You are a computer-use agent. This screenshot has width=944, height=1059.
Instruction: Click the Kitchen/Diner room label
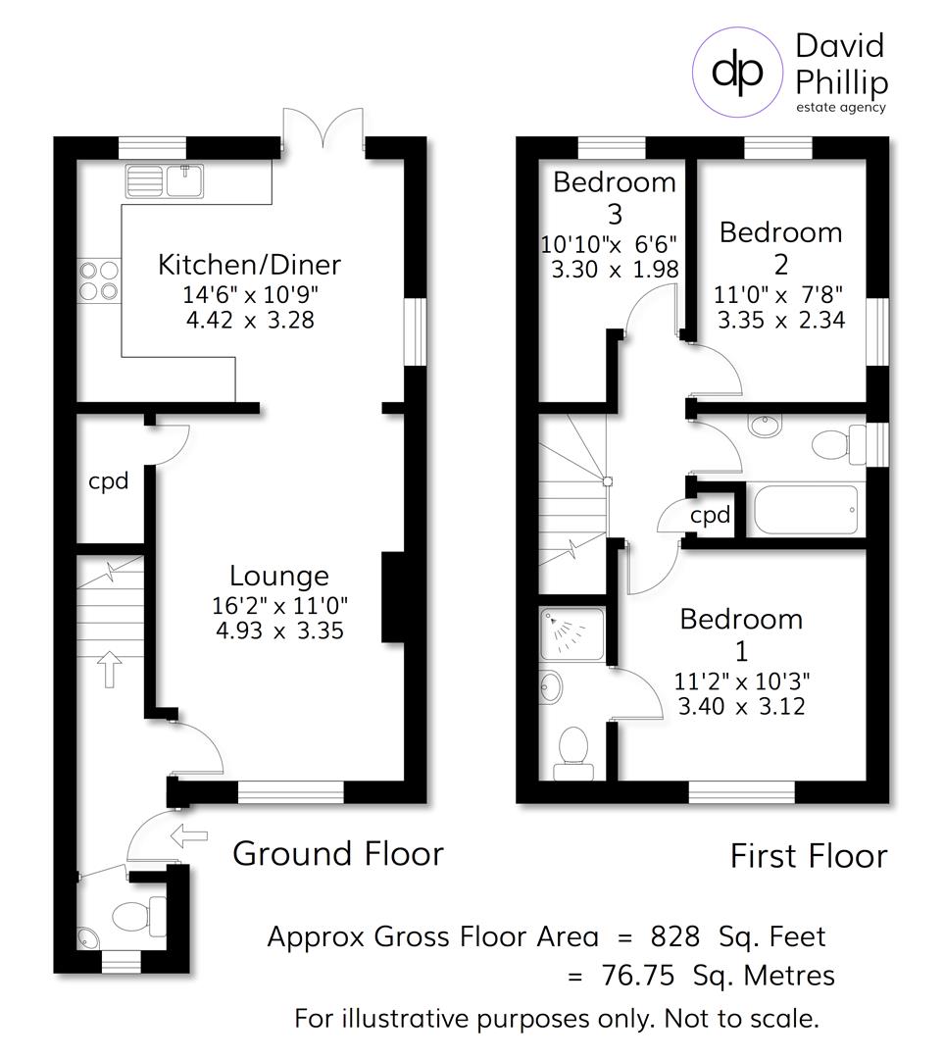[x=250, y=265]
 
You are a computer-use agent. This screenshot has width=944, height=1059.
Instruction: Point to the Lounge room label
[x=279, y=576]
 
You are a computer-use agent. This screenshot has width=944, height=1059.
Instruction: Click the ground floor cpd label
[x=109, y=481]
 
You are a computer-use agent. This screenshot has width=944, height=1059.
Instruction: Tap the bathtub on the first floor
[x=806, y=510]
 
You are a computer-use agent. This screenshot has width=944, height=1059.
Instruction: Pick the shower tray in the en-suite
[x=571, y=634]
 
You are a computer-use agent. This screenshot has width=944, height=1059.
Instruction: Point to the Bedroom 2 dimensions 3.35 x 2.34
[x=780, y=320]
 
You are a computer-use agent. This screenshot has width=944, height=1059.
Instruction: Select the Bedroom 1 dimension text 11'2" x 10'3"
[x=742, y=681]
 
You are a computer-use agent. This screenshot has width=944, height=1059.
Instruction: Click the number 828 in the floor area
[x=673, y=936]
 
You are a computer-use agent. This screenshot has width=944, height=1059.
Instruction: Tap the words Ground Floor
[x=337, y=854]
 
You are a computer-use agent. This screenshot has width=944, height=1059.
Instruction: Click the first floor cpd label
[x=711, y=515]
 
